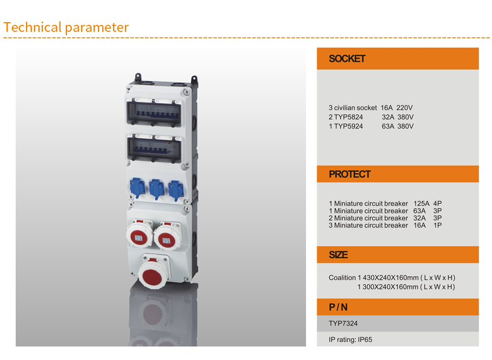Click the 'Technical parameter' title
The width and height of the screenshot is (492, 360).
click(66, 27)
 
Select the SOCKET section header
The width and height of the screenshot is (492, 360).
click(347, 58)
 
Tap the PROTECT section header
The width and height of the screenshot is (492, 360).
click(350, 174)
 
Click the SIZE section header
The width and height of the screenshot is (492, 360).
click(338, 255)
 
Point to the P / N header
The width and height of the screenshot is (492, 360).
click(338, 307)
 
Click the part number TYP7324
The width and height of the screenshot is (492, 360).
click(343, 323)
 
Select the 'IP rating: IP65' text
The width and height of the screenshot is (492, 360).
click(350, 339)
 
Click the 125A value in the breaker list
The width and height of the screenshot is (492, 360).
click(421, 204)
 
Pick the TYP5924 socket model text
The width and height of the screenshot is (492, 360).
click(348, 126)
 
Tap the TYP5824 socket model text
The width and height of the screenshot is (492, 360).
click(348, 117)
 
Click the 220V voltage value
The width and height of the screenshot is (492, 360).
click(404, 108)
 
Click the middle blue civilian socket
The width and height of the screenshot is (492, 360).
click(156, 189)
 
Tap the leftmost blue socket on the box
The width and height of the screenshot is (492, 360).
click(137, 188)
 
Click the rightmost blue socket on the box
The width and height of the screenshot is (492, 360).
click(176, 190)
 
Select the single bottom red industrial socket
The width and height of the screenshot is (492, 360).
click(154, 272)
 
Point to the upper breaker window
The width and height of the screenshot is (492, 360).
click(154, 113)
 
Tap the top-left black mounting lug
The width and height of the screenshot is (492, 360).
click(138, 77)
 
